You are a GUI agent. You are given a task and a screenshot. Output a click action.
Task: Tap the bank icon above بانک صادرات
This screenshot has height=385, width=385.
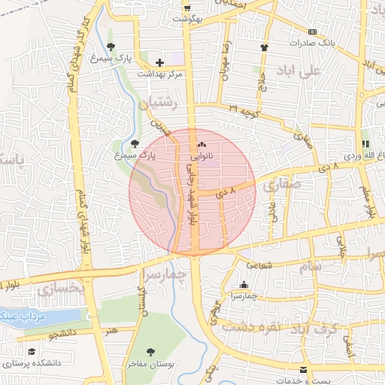pos(312,32)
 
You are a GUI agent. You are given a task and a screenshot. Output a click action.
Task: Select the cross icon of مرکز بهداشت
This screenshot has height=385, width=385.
pos(159,62)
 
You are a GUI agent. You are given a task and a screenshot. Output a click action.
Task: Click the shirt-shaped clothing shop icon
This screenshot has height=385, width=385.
pos(264,47)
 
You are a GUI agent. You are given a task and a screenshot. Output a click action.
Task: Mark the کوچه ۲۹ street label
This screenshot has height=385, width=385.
pos(243,111)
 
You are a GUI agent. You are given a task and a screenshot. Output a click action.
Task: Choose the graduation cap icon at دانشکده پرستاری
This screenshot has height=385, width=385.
pos(32,351)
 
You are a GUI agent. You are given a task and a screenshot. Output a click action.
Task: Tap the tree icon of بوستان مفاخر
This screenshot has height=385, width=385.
pos(151,351)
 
